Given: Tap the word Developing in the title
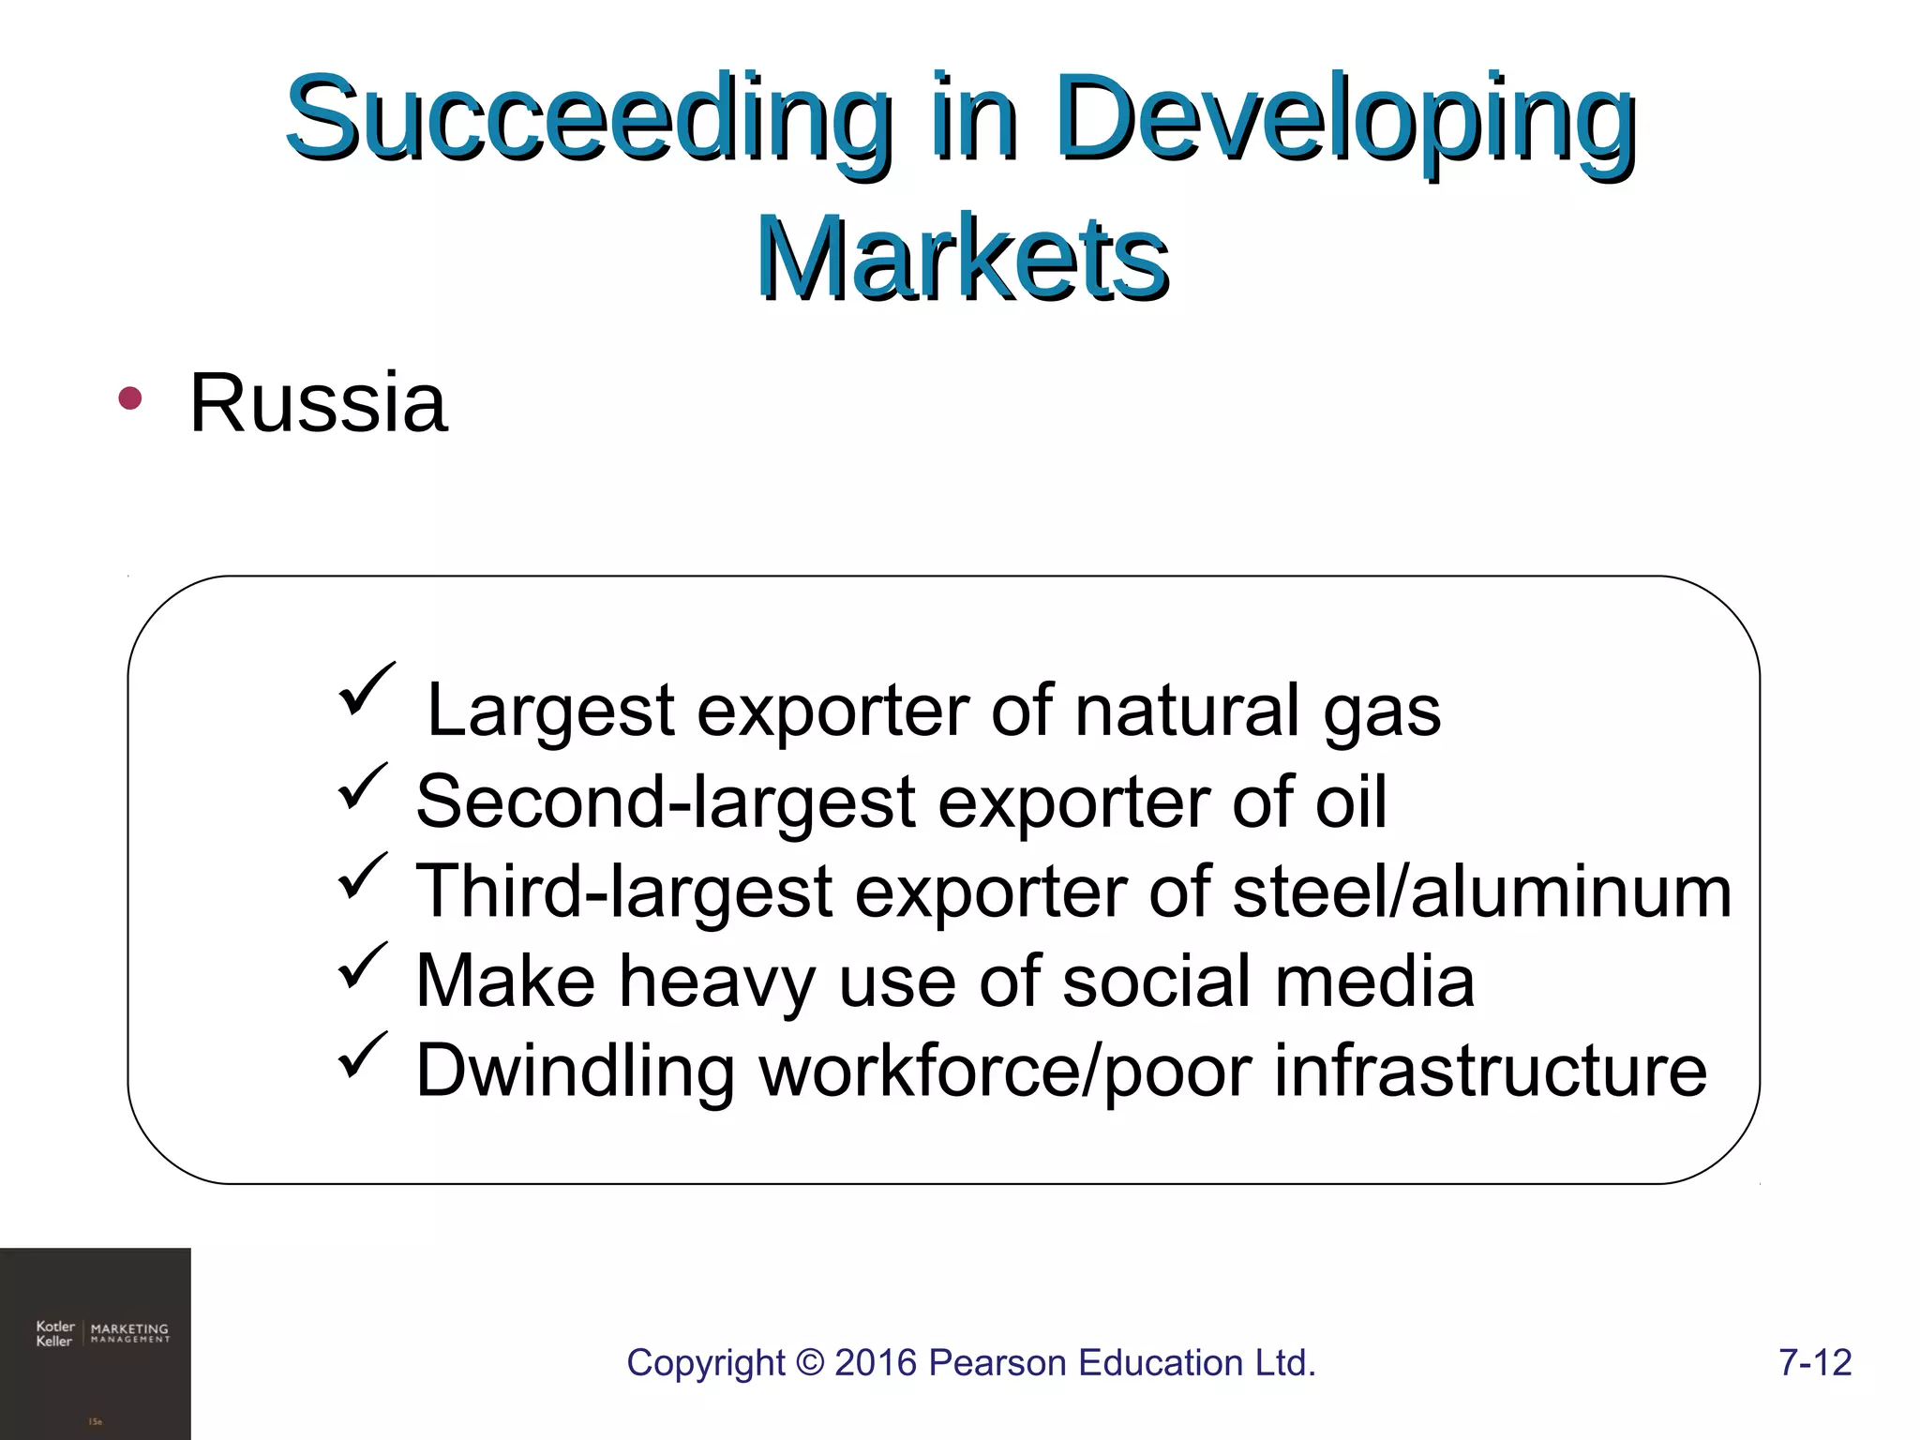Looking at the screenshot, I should click(x=1344, y=120).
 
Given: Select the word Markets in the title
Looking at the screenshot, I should click(x=962, y=258).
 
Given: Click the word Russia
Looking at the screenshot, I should click(x=318, y=403).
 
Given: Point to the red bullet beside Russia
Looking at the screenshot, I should click(x=129, y=399).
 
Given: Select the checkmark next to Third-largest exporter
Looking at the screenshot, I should click(x=361, y=876).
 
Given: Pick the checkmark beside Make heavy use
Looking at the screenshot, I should click(x=361, y=965).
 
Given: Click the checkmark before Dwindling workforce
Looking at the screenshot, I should click(x=361, y=1055).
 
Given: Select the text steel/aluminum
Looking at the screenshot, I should click(x=1481, y=892).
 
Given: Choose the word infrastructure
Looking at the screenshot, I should click(x=1490, y=1071).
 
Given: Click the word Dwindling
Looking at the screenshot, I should click(x=575, y=1071).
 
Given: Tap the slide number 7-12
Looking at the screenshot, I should click(x=1815, y=1363).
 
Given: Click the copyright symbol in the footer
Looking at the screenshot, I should click(x=809, y=1363).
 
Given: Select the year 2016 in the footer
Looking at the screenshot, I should click(x=876, y=1363).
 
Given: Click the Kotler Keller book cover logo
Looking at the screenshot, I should click(x=96, y=1342).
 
